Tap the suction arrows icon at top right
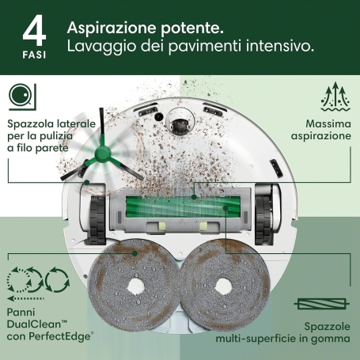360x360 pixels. point(334,99)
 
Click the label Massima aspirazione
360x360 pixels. point(328,130)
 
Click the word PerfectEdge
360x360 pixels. point(62,338)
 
